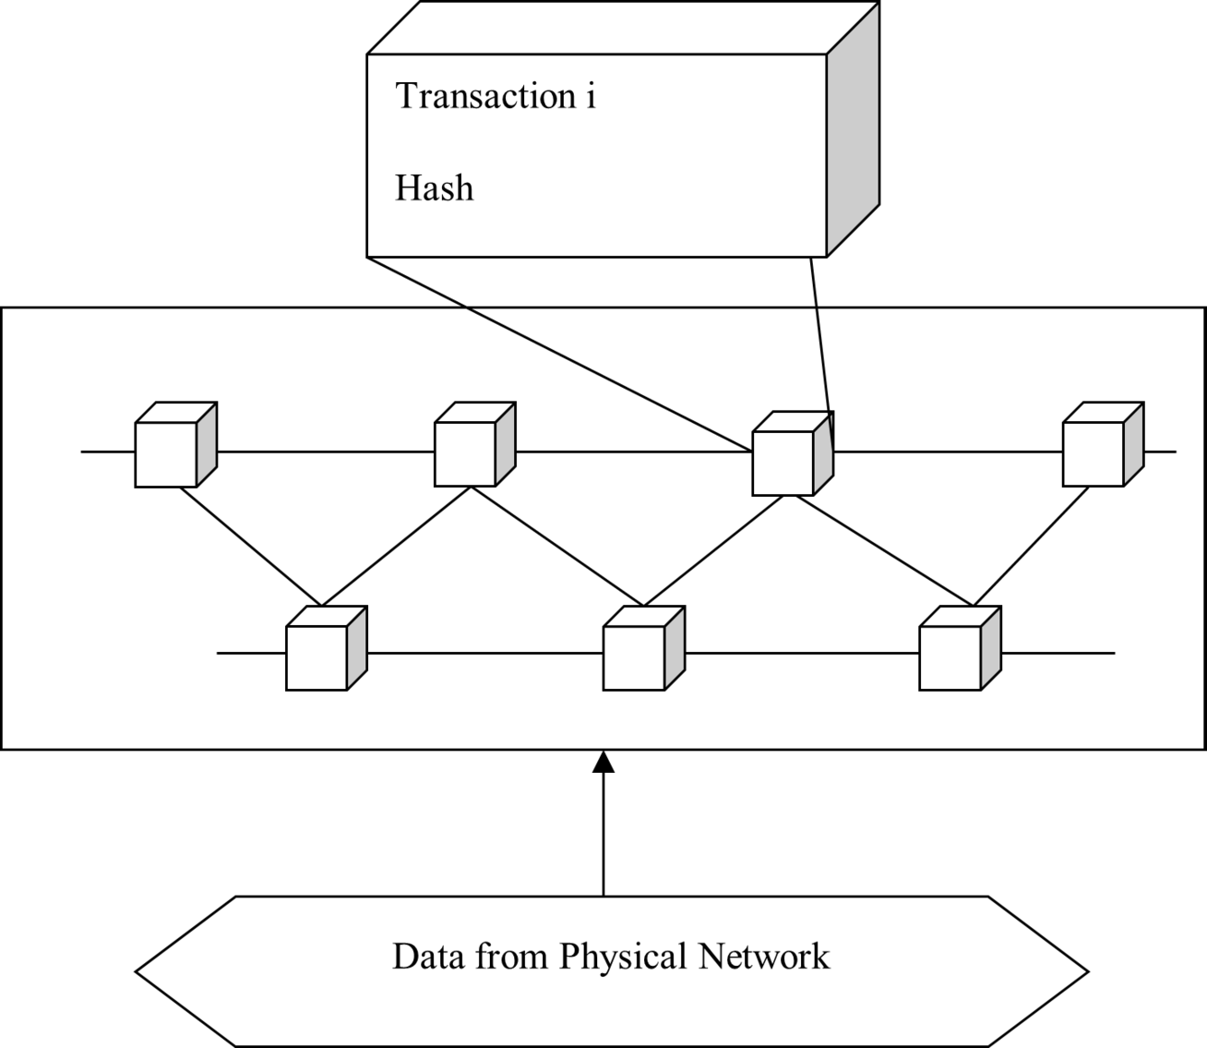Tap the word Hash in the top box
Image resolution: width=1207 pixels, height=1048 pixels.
pyautogui.click(x=434, y=188)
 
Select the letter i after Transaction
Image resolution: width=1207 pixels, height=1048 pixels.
pyautogui.click(x=591, y=96)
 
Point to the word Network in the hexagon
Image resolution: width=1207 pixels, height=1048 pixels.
pyautogui.click(x=763, y=956)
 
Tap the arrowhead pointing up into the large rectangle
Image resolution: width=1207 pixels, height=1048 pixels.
pyautogui.click(x=603, y=761)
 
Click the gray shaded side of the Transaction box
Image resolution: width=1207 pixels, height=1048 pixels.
pyautogui.click(x=853, y=129)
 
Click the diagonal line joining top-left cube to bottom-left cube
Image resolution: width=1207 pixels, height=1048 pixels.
pyautogui.click(x=249, y=547)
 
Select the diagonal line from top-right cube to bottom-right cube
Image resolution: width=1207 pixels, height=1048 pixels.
pyautogui.click(x=1032, y=547)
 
